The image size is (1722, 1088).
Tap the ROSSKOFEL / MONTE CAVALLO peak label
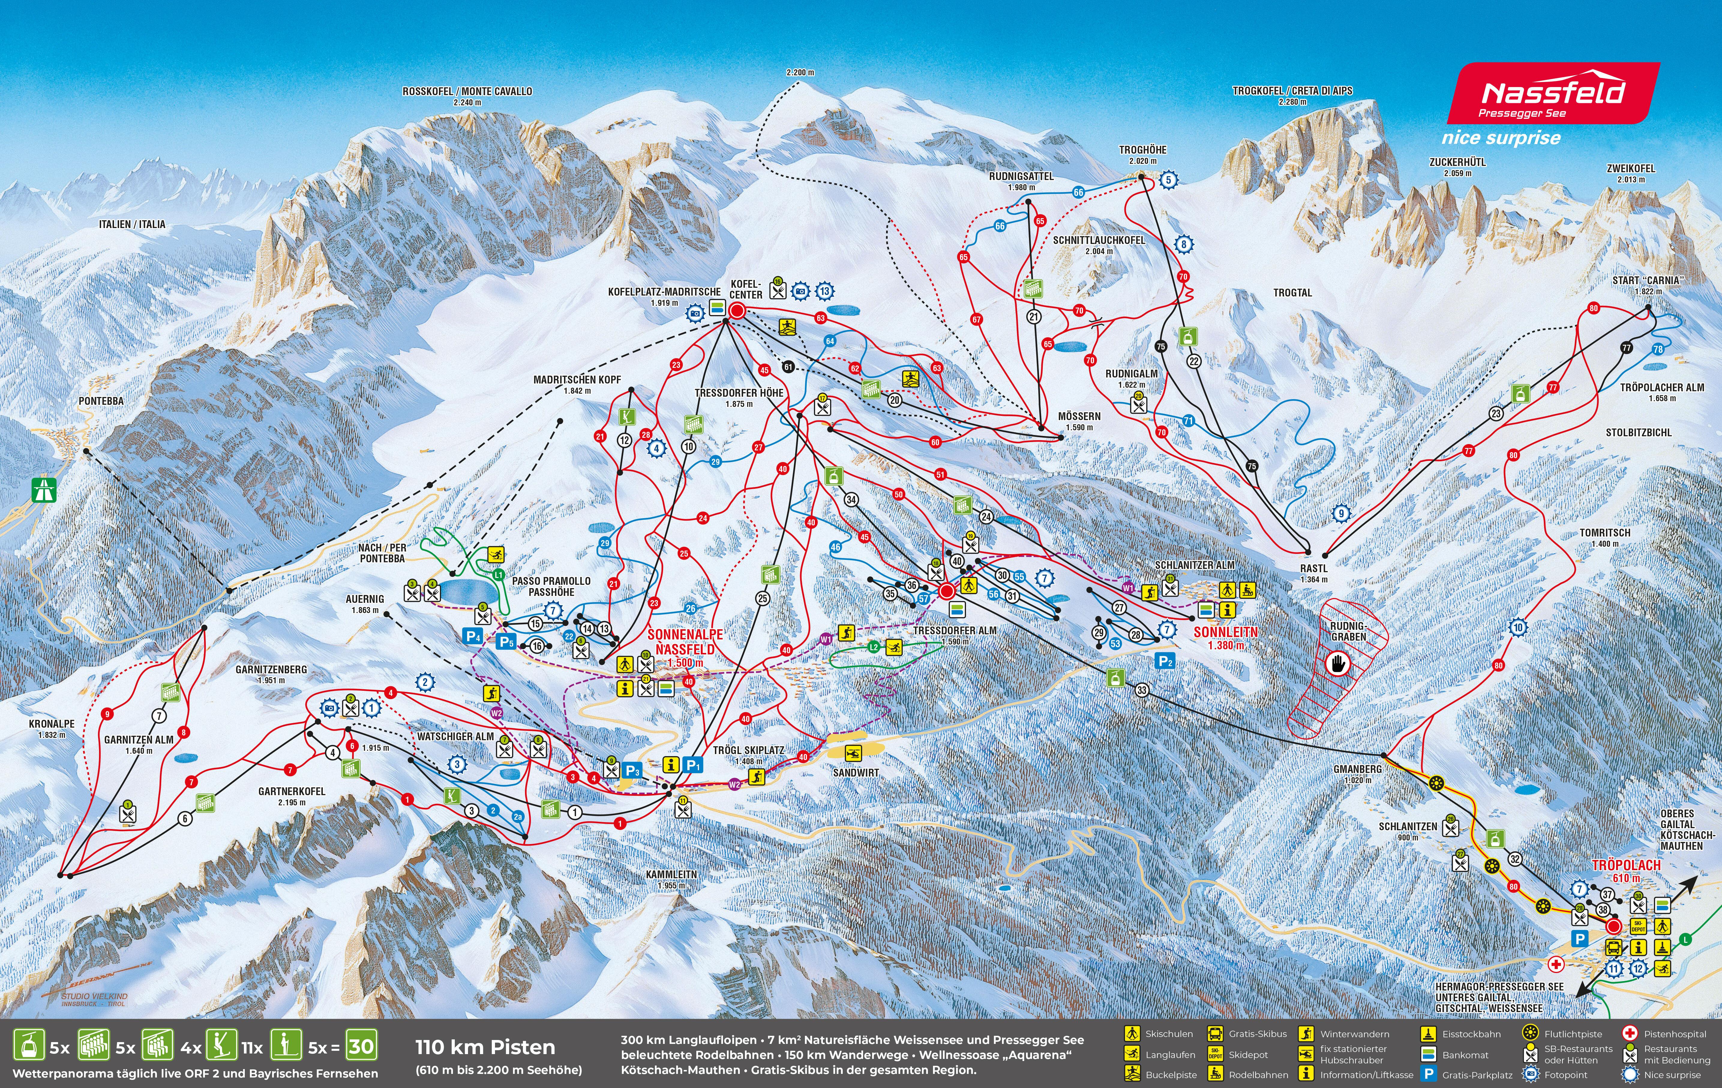pos(467,92)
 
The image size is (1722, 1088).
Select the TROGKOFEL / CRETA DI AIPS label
pos(1292,91)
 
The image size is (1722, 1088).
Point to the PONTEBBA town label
pos(101,401)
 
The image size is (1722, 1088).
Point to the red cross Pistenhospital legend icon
pos(1630,1033)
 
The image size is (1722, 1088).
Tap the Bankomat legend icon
pos(1429,1054)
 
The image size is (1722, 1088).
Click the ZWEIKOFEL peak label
pos(1631,169)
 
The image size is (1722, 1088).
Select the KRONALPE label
pos(52,724)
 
